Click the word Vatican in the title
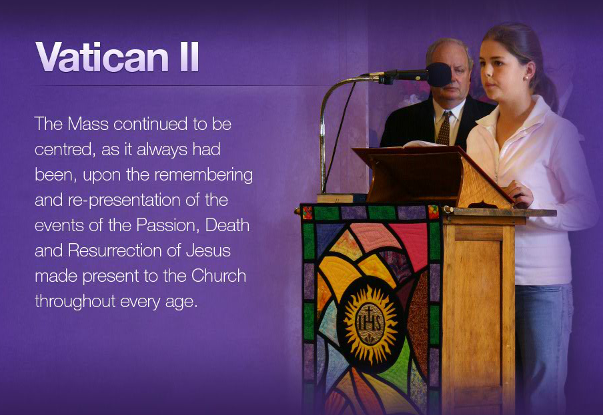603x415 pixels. (x=102, y=57)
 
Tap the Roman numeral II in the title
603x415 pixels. (x=189, y=57)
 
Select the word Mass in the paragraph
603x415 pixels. (x=88, y=124)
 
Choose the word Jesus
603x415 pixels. (x=208, y=250)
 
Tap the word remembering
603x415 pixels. (x=203, y=175)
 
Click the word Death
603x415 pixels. (x=227, y=225)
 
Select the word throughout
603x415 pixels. (x=75, y=302)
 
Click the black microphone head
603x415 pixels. (x=438, y=75)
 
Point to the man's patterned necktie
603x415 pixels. (x=444, y=129)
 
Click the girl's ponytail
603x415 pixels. (x=547, y=89)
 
